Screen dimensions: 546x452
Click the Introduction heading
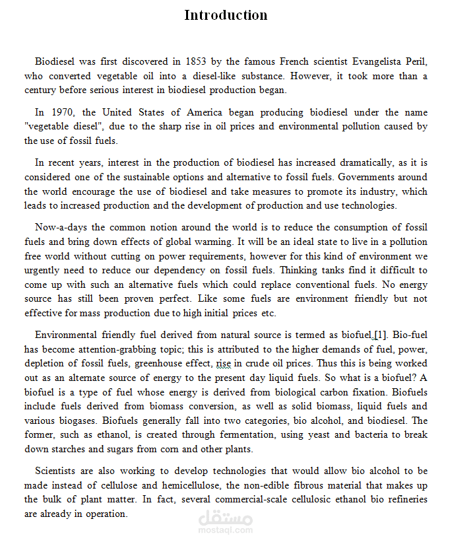(x=226, y=15)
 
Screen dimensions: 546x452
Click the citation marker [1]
(x=381, y=335)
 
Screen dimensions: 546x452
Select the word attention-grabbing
(x=108, y=349)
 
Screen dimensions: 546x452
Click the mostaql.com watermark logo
(x=225, y=520)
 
